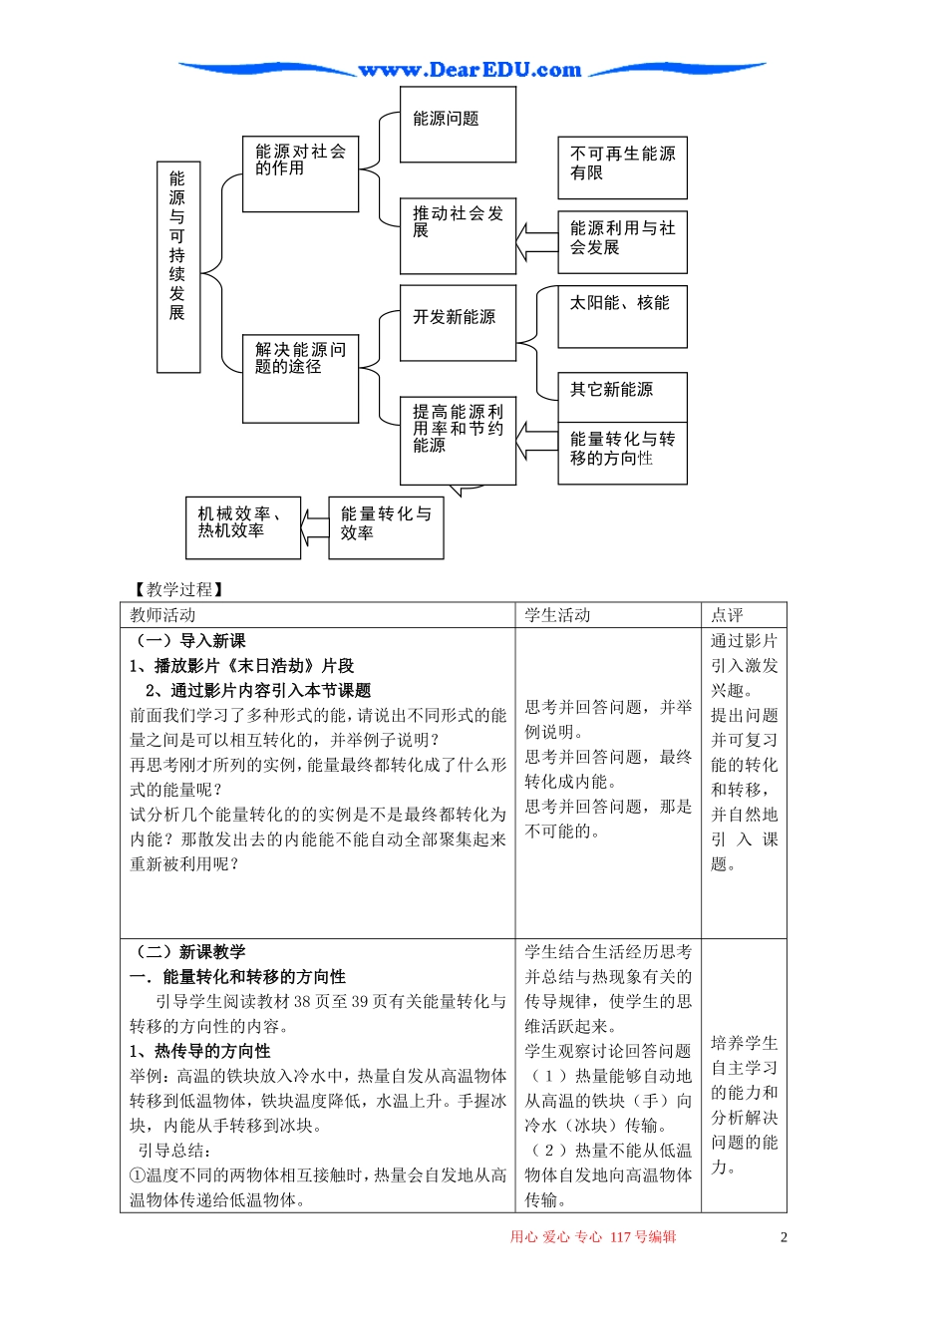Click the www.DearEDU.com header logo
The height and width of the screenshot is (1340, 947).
point(470,70)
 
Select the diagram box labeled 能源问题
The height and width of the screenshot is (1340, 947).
point(458,124)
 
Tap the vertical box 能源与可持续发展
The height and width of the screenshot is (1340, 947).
point(178,266)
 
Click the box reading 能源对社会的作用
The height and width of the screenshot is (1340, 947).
point(300,173)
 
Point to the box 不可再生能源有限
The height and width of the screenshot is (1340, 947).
point(622,167)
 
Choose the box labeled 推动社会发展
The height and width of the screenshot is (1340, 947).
point(458,235)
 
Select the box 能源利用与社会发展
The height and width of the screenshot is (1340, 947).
point(622,242)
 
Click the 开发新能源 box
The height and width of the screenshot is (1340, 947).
point(458,322)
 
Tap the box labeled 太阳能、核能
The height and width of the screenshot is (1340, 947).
point(622,317)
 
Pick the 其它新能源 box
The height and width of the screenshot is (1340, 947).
point(622,396)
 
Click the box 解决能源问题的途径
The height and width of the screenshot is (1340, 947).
point(300,378)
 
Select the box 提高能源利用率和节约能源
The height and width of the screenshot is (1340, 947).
point(458,440)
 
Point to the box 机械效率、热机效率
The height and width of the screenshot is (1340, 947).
point(242,527)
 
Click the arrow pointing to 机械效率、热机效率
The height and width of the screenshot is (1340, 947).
point(315,527)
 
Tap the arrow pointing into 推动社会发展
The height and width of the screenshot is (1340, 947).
point(536,242)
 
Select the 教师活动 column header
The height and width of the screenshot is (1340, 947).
point(163,615)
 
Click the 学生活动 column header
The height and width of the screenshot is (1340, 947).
point(558,615)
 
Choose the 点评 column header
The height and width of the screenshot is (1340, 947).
point(727,615)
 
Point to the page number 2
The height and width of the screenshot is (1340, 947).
point(784,1237)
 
